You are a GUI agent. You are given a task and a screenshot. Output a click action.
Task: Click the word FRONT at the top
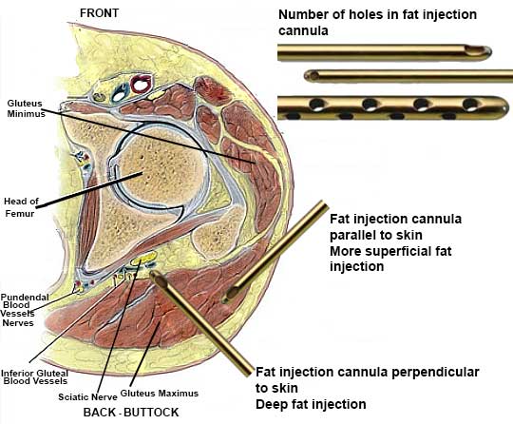(99, 13)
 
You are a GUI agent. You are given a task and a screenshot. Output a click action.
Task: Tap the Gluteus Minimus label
(27, 108)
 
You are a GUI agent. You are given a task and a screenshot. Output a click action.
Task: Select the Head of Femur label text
(21, 207)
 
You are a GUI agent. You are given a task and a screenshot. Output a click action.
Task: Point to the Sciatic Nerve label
(87, 397)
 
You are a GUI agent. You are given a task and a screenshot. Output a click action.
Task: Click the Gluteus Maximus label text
(160, 394)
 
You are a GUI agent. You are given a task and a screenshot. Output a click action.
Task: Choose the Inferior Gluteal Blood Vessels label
(35, 377)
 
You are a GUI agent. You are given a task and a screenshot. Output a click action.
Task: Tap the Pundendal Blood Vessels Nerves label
(25, 310)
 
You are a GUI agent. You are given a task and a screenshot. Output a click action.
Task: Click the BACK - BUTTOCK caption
(131, 413)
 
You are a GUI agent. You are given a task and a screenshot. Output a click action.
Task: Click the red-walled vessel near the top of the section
(141, 84)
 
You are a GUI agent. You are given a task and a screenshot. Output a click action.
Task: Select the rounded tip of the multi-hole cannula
(503, 107)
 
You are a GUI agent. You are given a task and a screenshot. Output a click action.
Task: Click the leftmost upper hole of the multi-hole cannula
(316, 105)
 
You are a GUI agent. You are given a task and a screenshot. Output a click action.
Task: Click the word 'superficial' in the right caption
(414, 252)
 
